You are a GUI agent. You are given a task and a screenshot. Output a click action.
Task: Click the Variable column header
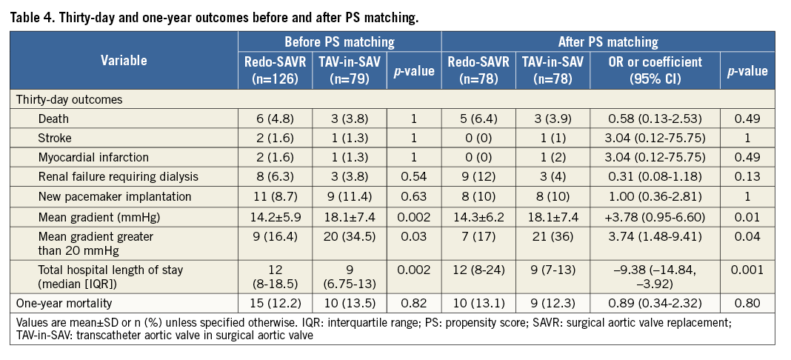click(124, 61)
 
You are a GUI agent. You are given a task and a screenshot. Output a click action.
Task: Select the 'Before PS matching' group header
click(340, 42)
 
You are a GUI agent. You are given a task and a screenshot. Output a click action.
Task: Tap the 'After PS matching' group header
click(607, 42)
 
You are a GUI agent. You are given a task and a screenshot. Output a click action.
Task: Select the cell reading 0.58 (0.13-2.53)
click(654, 119)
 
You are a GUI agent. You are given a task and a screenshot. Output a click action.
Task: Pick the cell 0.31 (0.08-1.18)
click(654, 176)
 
